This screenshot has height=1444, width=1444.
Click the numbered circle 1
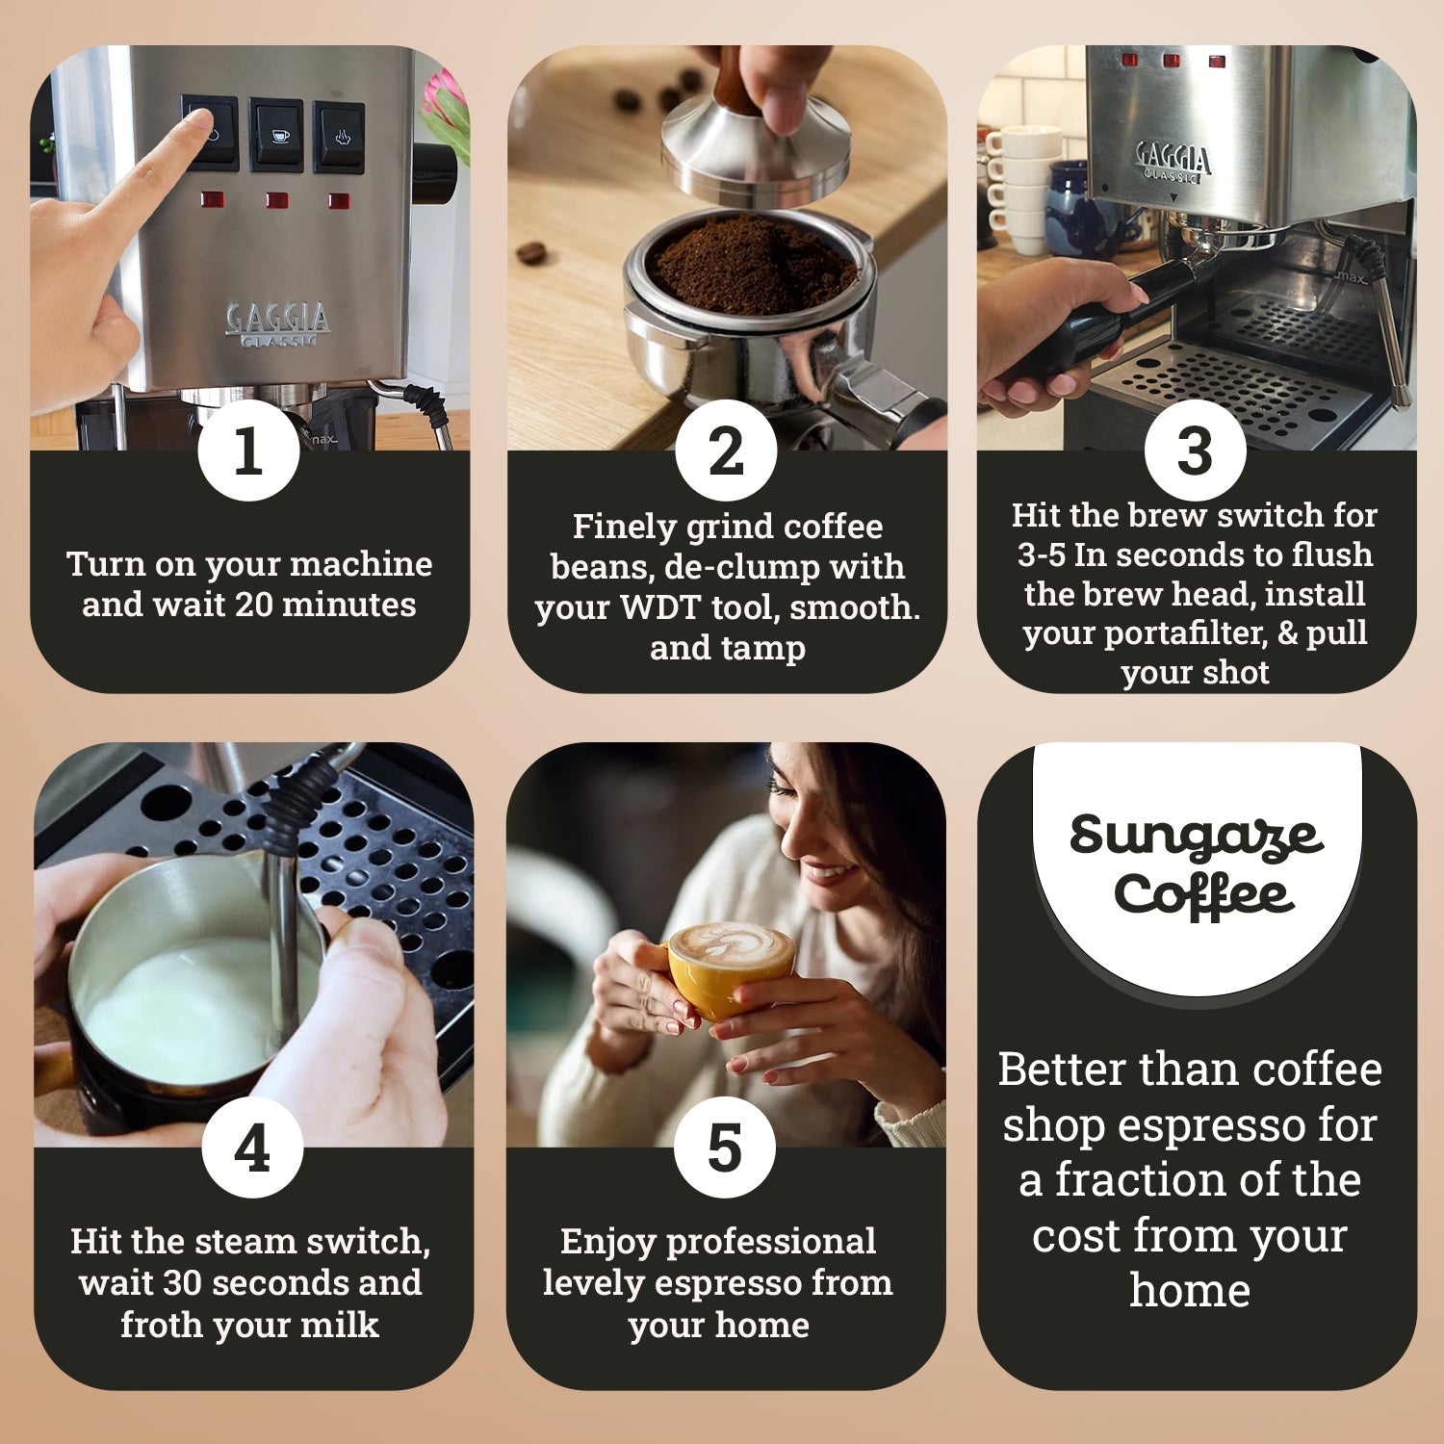coord(248,450)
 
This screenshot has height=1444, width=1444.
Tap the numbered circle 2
coord(726,450)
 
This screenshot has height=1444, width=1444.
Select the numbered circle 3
coord(1195,450)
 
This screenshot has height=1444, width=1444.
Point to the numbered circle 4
coord(252,1147)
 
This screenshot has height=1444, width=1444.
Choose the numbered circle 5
coord(725,1147)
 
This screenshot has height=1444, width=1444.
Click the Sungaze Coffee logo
coord(1197,864)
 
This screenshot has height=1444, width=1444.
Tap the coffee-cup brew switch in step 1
coord(276,135)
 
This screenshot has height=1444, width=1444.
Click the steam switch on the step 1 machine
coord(339,137)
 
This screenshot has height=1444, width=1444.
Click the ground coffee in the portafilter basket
coord(751,265)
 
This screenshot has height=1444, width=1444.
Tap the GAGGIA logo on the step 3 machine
coord(1173,160)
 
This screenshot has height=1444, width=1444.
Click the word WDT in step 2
coord(659,607)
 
